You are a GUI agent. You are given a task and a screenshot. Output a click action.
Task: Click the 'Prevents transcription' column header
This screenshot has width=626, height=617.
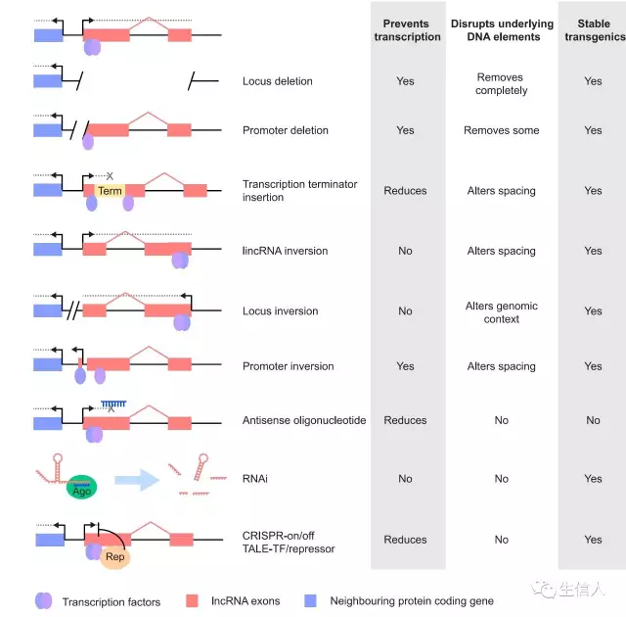pyautogui.click(x=406, y=30)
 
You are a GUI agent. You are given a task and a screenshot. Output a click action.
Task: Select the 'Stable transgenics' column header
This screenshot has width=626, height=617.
pyautogui.click(x=593, y=30)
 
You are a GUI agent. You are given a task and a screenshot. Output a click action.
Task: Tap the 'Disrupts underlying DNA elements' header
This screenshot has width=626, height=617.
pyautogui.click(x=502, y=30)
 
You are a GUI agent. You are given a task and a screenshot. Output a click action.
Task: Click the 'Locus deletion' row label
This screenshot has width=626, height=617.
pyautogui.click(x=278, y=81)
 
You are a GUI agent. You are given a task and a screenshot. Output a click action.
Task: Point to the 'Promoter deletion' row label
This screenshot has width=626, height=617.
pyautogui.click(x=286, y=130)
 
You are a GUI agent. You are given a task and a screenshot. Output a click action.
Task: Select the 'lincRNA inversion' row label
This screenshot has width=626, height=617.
pyautogui.click(x=285, y=251)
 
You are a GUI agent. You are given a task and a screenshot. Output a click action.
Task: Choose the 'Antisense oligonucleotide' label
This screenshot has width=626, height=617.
pyautogui.click(x=304, y=420)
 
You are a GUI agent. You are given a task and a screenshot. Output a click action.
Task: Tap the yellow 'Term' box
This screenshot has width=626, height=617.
pyautogui.click(x=110, y=191)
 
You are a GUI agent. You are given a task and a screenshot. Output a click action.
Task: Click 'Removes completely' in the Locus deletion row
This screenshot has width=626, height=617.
pyautogui.click(x=502, y=84)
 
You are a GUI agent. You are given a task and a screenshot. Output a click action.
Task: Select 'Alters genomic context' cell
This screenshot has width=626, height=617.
pyautogui.click(x=502, y=312)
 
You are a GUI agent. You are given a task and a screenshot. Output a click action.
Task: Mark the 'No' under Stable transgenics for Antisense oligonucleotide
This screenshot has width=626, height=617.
pyautogui.click(x=593, y=420)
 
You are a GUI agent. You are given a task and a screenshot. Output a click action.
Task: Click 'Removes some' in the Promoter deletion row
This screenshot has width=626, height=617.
pyautogui.click(x=502, y=130)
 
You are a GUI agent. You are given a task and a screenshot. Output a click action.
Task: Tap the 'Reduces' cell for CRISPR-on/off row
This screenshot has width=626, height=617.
pyautogui.click(x=406, y=540)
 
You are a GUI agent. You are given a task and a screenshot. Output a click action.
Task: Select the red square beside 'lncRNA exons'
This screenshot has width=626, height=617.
pyautogui.click(x=193, y=600)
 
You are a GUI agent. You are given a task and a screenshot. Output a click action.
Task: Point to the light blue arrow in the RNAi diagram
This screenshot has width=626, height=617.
pyautogui.click(x=136, y=480)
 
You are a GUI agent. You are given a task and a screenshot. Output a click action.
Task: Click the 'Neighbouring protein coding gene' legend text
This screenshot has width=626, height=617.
pyautogui.click(x=412, y=601)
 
